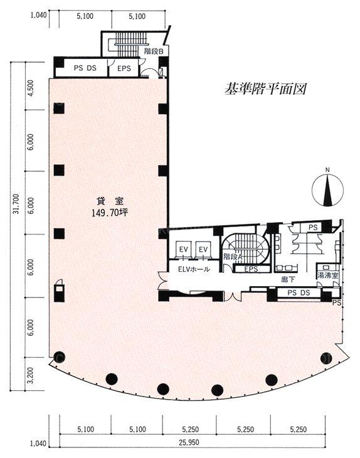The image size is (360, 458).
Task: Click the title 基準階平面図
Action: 265,89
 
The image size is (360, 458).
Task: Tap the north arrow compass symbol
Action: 327,190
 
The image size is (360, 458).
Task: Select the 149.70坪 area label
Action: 110,213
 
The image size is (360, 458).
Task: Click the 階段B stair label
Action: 154,51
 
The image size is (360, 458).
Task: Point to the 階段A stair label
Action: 233,257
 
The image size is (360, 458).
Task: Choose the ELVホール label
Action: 194,269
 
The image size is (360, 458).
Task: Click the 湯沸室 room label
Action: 328,275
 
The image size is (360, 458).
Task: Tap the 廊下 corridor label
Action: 288,280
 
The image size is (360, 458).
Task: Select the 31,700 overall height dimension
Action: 16,203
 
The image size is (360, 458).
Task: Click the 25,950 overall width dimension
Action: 189,442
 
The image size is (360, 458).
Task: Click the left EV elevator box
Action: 184,250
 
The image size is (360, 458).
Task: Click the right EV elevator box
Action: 203,250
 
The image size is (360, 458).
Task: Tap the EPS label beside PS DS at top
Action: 124,68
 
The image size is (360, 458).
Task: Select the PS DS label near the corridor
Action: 299,292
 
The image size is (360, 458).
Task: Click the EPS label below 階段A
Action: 251,269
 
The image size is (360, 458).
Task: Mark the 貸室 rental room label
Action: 110,201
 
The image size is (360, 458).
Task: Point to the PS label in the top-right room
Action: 314,227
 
